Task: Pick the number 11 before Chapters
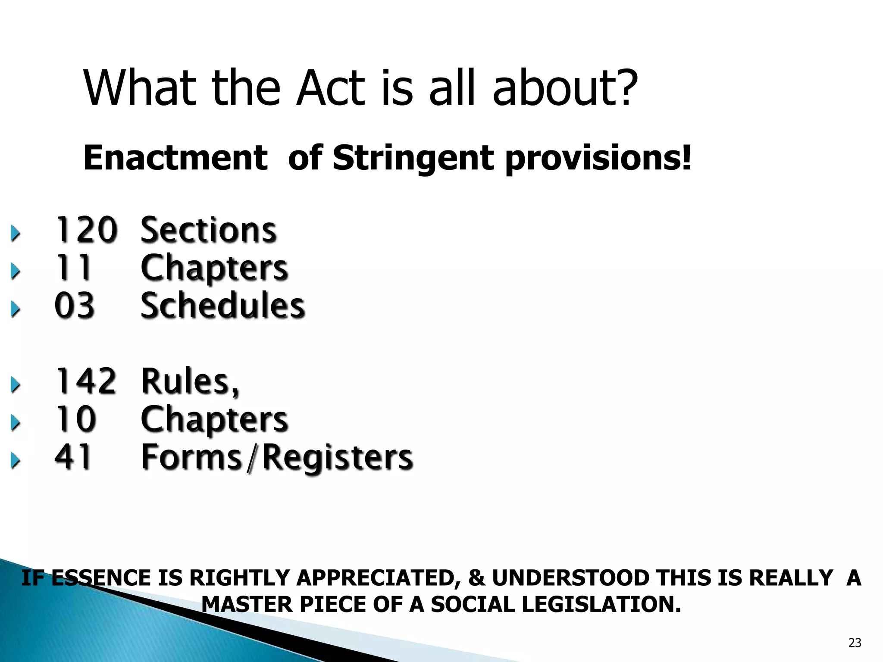pos(73,268)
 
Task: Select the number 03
pos(75,306)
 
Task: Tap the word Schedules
pos(223,306)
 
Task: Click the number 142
pos(86,381)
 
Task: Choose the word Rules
pos(190,381)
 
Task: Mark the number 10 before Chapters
pos(75,419)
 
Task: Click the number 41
pos(73,457)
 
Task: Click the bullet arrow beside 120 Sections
pos(16,234)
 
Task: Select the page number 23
pos(855,643)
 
